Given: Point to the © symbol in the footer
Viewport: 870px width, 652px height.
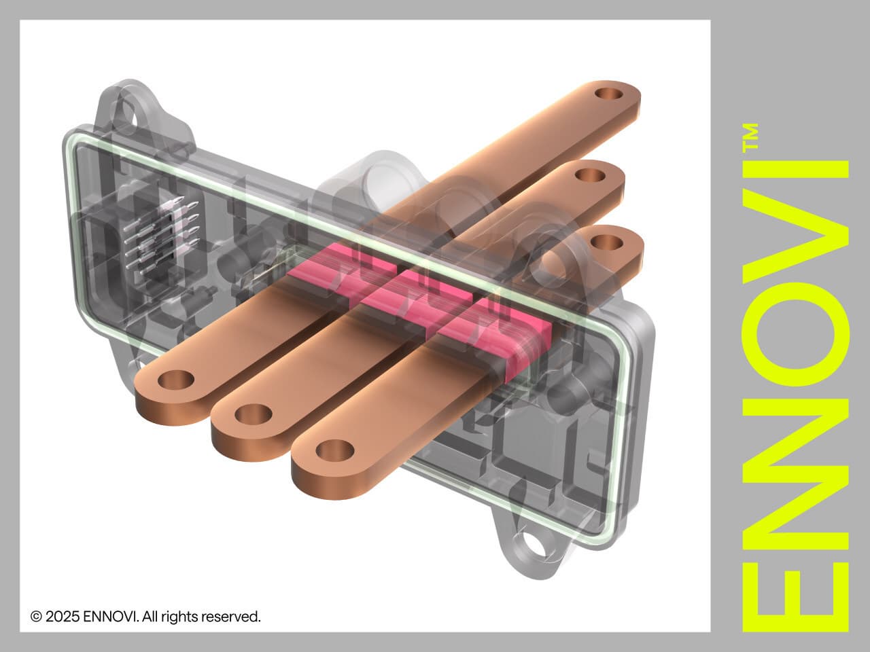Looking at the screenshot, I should pos(36,617).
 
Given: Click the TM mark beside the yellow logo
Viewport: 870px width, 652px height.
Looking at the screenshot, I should pos(750,136).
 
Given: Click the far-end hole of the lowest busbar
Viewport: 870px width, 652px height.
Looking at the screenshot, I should pos(602,242).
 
